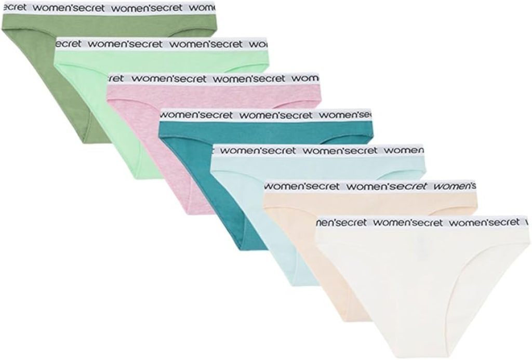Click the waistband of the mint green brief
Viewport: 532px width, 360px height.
coord(161,44)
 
